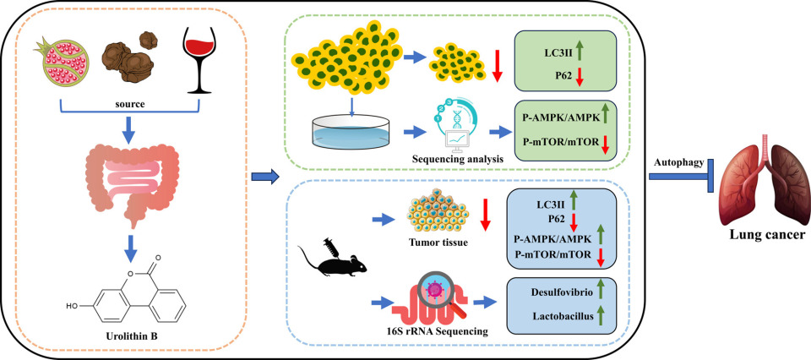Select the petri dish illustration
346,131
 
